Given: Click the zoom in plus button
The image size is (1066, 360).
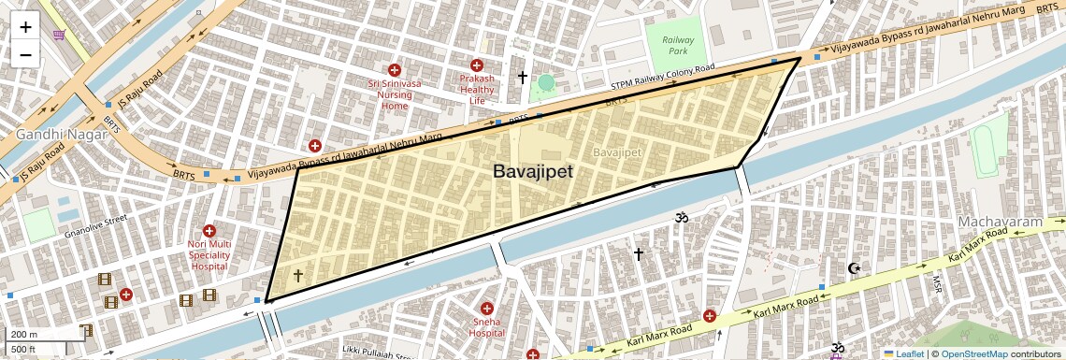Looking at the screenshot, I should pos(25,27).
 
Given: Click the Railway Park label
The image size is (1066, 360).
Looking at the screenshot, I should pos(678,45).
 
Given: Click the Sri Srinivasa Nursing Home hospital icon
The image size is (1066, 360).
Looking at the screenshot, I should pos(395,70).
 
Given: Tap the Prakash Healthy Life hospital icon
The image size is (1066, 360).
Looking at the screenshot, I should pos(477,65).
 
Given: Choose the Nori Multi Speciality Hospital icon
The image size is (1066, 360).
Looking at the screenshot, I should pos(209,231).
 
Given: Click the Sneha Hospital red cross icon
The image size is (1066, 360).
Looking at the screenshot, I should pos(486,309).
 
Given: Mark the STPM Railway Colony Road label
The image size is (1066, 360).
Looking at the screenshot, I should pos(662,76).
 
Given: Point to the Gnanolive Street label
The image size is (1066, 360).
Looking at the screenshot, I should pos(91,224).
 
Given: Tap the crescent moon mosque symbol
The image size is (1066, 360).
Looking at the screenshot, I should pos(853,269).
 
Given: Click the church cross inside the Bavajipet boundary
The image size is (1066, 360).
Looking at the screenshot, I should pos(298,275).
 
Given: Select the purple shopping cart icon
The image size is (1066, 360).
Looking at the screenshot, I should pos(60,36).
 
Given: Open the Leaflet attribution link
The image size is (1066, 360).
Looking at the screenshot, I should pos(903,353).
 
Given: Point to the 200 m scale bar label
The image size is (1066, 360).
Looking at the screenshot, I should pos(25,334).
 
